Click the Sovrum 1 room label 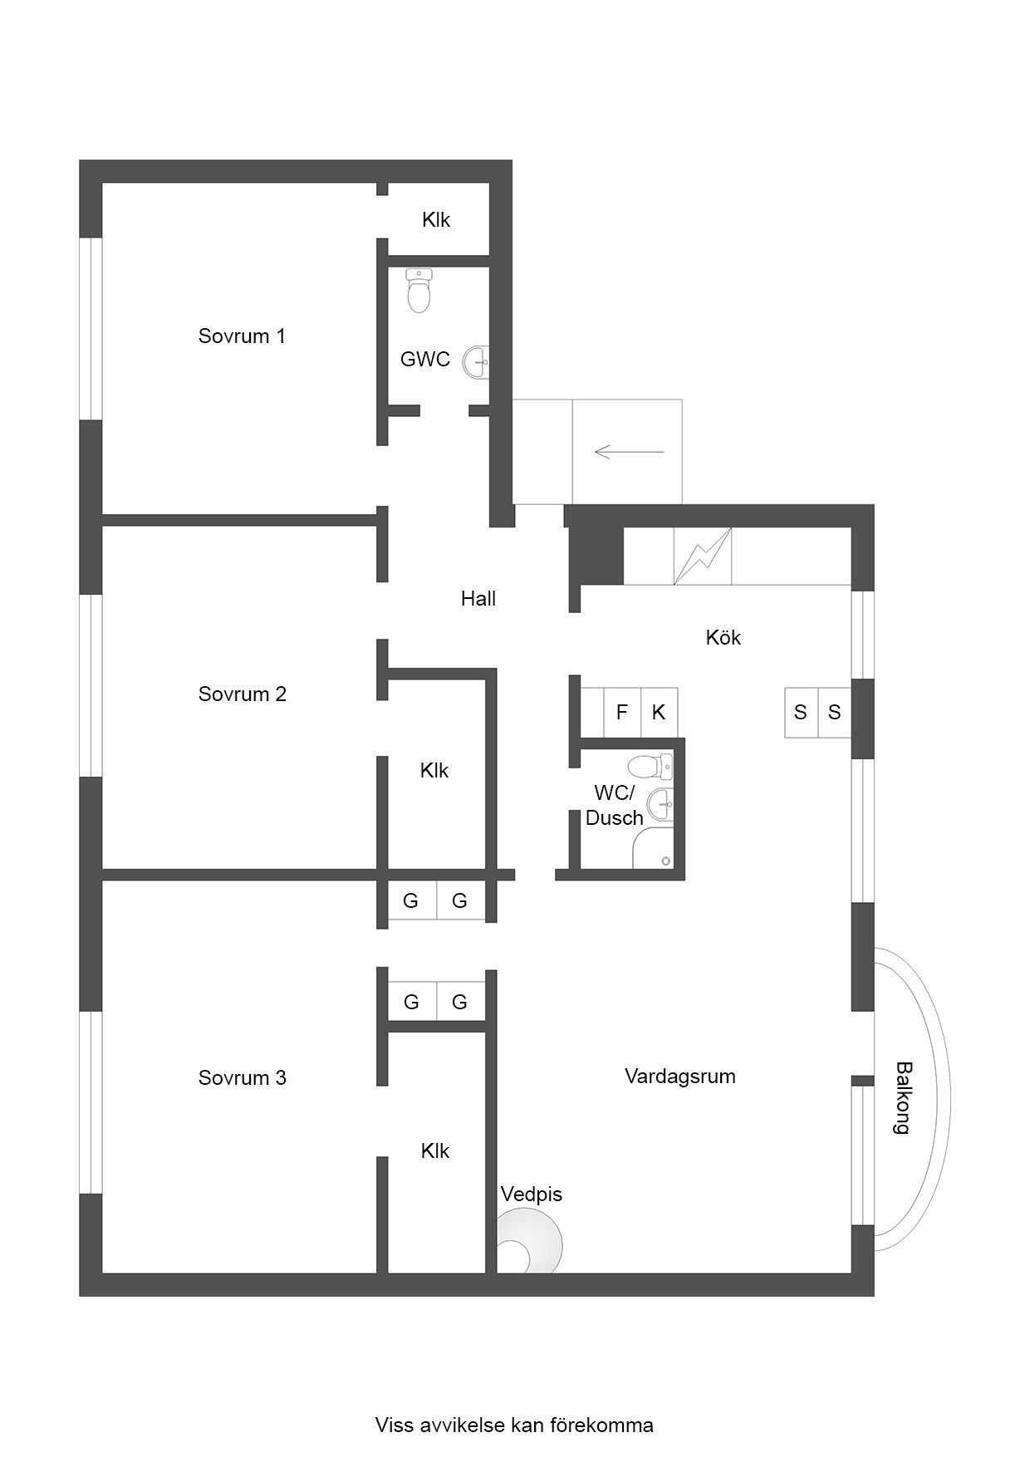click(242, 336)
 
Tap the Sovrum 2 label click(242, 694)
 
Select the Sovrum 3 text click(242, 1077)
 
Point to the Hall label click(478, 598)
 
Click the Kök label click(723, 637)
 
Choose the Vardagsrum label click(680, 1076)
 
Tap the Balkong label click(904, 1098)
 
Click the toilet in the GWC click(419, 290)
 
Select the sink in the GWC click(477, 362)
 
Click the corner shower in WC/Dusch click(653, 849)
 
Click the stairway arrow click(630, 452)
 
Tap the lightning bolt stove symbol click(703, 557)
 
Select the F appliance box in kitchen click(621, 712)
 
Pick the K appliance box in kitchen click(659, 712)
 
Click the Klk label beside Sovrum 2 click(434, 770)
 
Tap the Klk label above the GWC click(436, 219)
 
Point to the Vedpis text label click(532, 1195)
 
